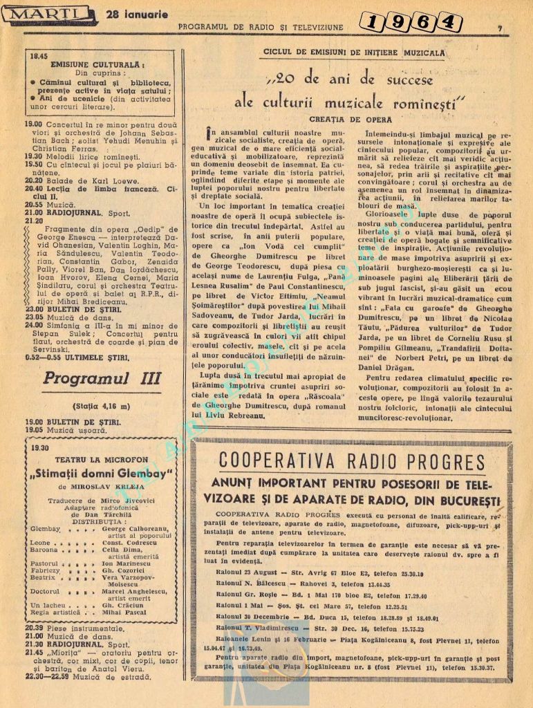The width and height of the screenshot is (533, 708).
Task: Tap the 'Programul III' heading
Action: click(101, 378)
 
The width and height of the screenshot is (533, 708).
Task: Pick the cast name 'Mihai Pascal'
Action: click(127, 613)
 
